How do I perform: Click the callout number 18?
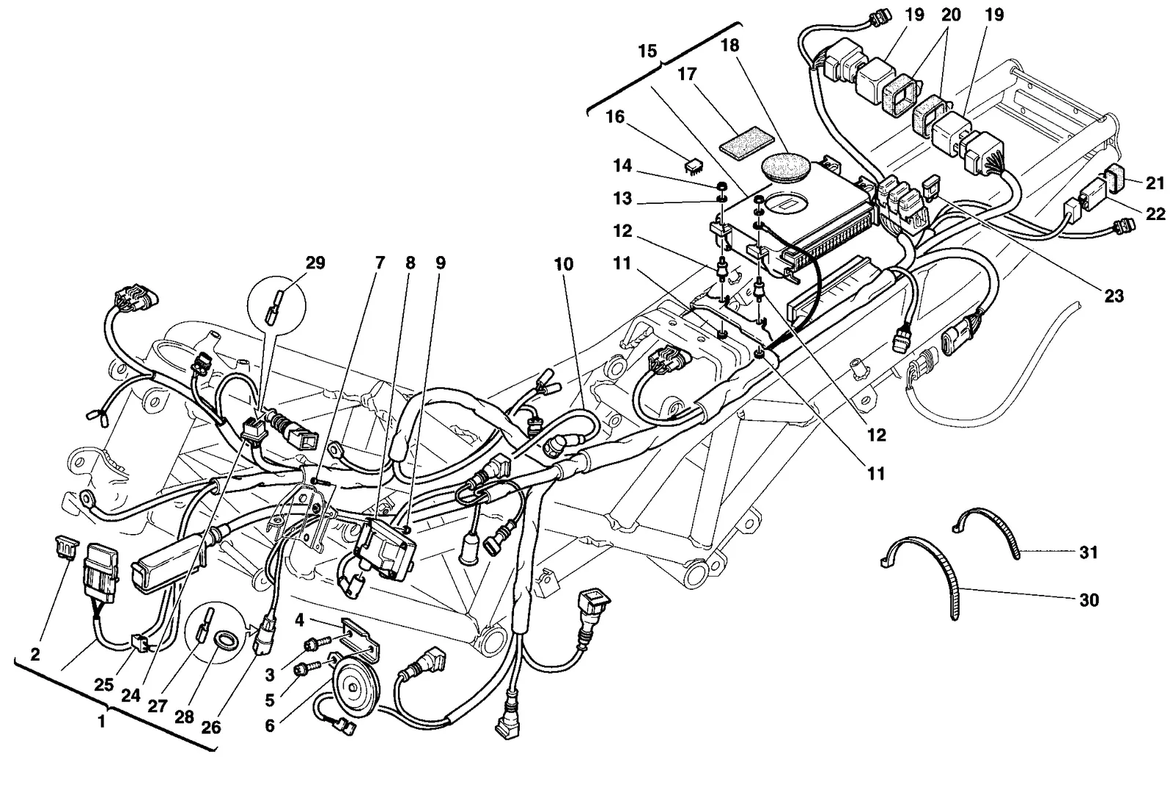coord(730,45)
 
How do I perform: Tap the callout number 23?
coord(1114,296)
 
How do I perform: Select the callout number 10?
coord(564,264)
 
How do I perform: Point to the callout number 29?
coord(315,263)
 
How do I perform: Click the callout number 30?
coord(1089,599)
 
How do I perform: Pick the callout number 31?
coord(1089,552)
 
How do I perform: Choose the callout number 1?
coord(102,722)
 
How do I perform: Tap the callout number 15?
coord(647,51)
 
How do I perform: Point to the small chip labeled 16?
coord(694,166)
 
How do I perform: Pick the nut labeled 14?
coord(721,186)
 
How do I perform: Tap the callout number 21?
coord(1155,183)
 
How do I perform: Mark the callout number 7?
coord(380,262)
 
